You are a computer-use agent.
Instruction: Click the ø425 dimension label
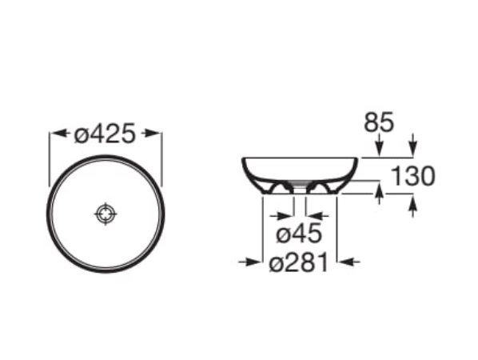106,134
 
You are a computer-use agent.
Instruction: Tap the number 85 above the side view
379,122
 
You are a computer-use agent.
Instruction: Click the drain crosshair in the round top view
106,214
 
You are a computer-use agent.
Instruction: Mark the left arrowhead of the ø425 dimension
55,134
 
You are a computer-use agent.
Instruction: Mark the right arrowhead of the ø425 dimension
156,134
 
